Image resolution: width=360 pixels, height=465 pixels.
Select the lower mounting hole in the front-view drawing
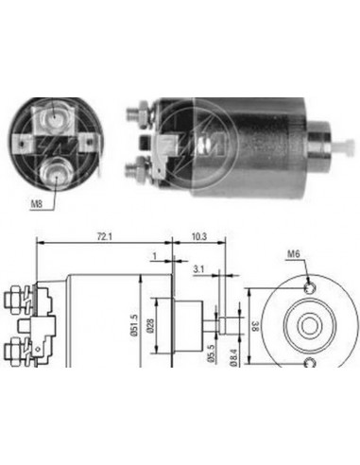coord(309,363)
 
